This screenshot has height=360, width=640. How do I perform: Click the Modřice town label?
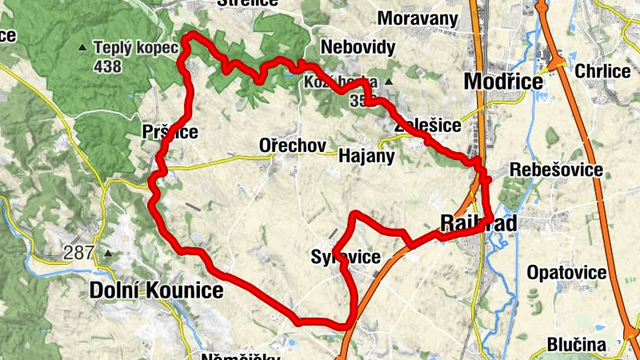coord(504,82)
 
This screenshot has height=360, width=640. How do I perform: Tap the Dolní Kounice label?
coord(157,290)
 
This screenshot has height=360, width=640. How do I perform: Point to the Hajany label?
coord(367,156)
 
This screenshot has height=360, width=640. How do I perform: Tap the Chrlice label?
coord(602,71)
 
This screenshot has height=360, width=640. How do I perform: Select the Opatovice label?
coord(566,273)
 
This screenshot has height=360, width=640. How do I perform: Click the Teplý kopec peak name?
coord(134,48)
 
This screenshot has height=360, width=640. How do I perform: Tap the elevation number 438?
coord(106,66)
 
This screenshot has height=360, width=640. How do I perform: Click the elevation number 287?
coord(80,254)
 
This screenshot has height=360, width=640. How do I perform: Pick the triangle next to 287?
coord(107,254)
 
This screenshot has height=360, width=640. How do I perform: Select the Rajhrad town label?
coord(478,223)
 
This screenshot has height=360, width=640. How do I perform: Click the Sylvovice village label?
coord(345,257)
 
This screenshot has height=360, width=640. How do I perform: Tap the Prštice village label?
coord(169,132)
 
